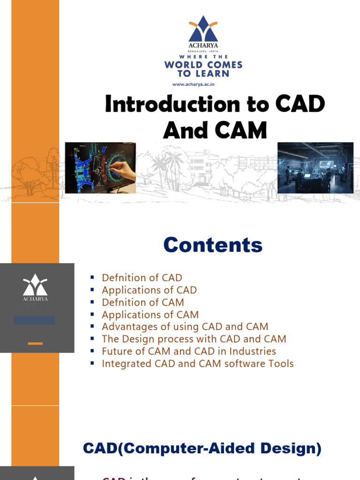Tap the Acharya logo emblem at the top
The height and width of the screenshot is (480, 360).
coord(203,29)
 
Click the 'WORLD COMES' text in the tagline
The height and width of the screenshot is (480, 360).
coord(203,65)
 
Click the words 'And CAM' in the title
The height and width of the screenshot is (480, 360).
coord(215,130)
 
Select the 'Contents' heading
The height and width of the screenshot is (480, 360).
coord(213,245)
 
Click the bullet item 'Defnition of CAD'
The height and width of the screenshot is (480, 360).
coord(142,278)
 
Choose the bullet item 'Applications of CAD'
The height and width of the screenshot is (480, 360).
coord(149,290)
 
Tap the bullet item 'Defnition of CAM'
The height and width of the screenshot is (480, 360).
coord(142,302)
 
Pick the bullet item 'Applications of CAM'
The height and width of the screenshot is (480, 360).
coord(150,315)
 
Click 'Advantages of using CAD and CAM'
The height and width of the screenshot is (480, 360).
coord(185,327)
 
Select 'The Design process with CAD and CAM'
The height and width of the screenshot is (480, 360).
coord(194,339)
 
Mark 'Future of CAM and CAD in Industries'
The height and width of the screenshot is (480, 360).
coord(188,351)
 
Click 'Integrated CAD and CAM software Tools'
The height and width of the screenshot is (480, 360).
coord(197,363)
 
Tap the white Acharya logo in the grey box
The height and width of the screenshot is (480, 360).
coord(35,287)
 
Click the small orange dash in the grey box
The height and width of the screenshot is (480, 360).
coord(35,344)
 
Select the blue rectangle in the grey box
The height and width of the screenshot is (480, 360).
coord(34,320)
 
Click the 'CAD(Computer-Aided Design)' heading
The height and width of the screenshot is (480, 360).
coord(202,449)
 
